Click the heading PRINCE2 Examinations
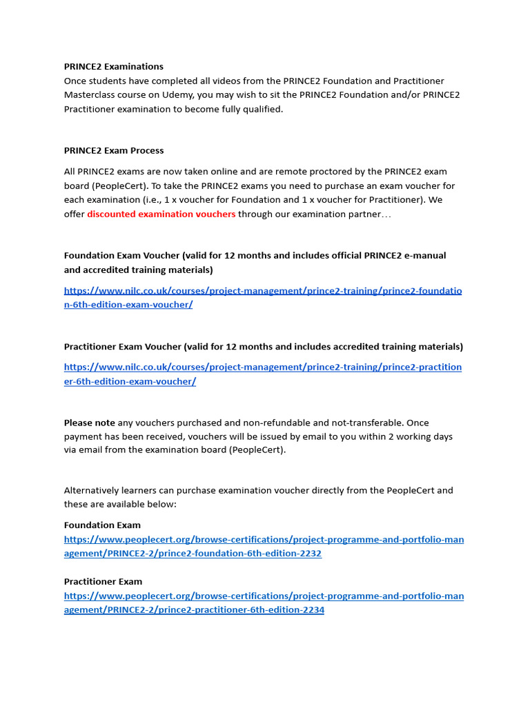[x=114, y=67]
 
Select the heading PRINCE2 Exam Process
[x=114, y=150]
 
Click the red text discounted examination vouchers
[x=161, y=214]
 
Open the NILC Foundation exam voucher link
[x=262, y=291]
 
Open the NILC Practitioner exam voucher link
[x=262, y=367]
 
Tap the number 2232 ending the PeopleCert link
[x=310, y=554]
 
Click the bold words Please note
[x=89, y=423]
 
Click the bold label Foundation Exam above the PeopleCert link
[x=102, y=525]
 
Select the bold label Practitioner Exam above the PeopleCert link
[x=103, y=582]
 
